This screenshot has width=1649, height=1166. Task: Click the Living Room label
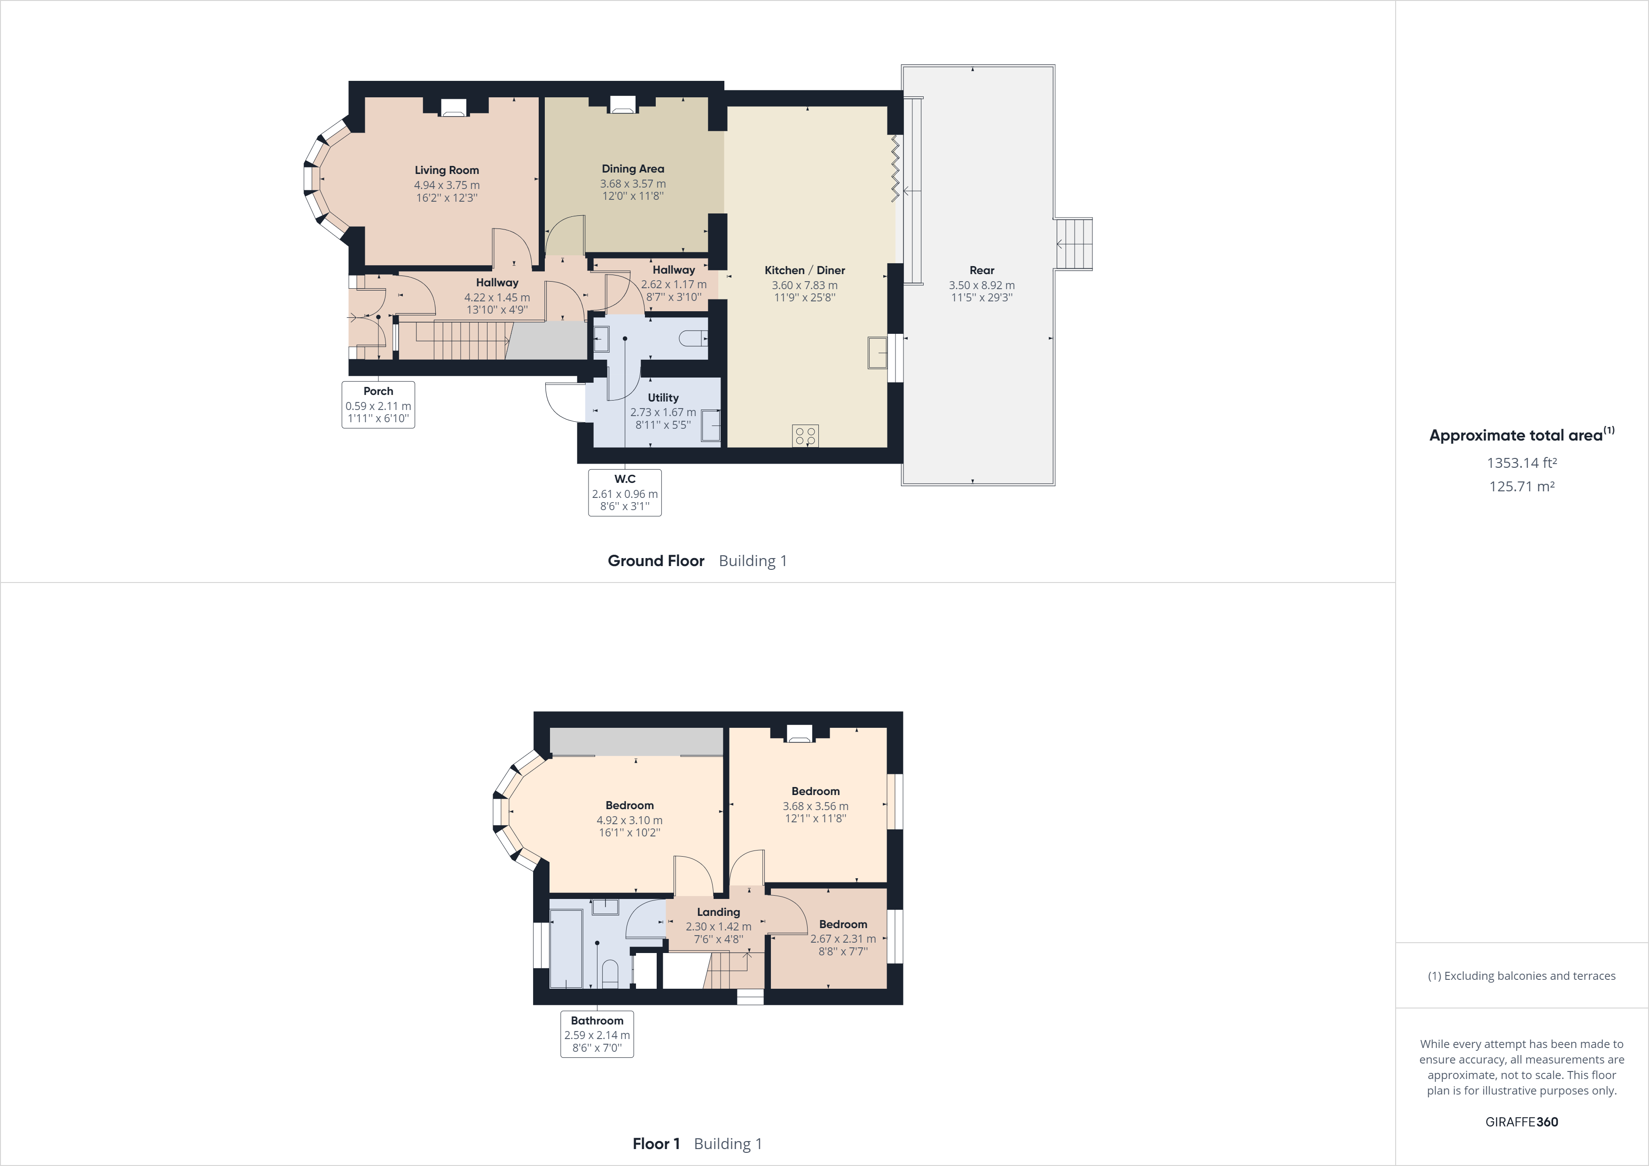446,170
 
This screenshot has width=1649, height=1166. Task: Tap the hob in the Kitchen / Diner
805,435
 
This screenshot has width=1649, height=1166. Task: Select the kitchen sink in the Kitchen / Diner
877,353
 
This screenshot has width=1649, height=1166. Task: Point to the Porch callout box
378,404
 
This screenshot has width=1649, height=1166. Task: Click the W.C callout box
624,493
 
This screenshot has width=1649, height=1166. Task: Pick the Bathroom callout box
597,1034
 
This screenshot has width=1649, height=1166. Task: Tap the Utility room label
662,397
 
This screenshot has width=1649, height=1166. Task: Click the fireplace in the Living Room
453,108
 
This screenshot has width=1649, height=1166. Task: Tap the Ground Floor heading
656,561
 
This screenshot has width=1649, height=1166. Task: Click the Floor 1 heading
656,1144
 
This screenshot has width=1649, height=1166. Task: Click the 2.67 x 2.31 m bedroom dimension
842,939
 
